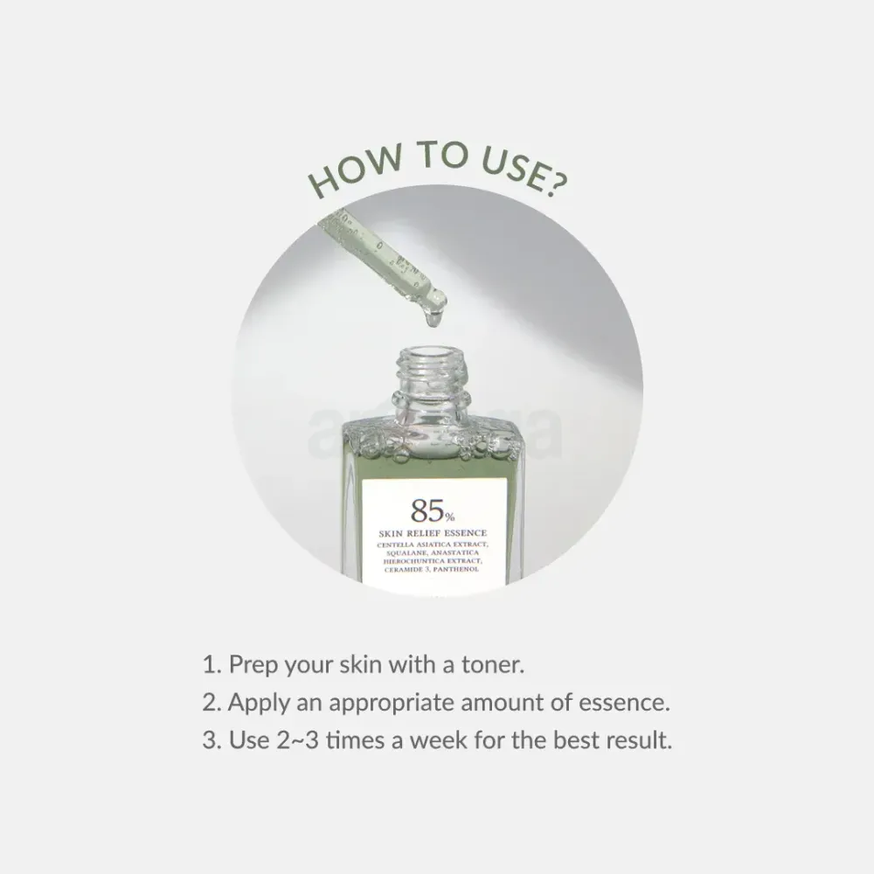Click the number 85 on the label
421,511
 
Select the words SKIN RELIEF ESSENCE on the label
434,532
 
